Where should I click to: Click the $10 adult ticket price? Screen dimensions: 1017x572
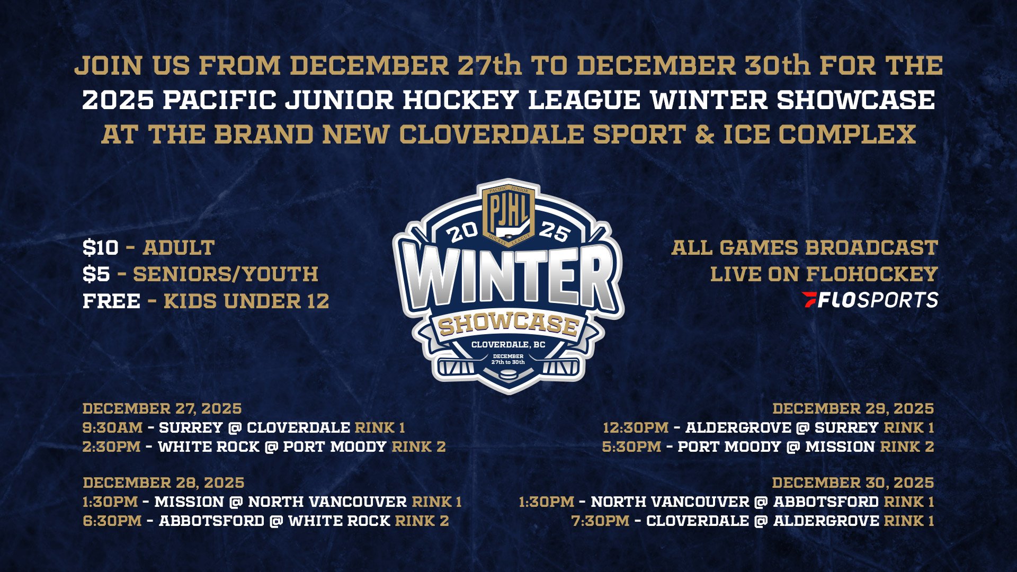click(x=101, y=248)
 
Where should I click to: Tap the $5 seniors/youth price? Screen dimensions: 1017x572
click(x=96, y=274)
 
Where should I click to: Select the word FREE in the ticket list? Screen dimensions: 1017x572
click(x=112, y=301)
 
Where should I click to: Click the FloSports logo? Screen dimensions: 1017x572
click(x=870, y=300)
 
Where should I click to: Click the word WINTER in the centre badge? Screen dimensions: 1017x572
click(x=509, y=278)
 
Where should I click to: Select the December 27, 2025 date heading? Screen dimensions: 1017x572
click(x=162, y=409)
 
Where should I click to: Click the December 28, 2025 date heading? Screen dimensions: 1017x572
click(x=164, y=483)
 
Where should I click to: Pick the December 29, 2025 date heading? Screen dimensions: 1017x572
click(x=853, y=409)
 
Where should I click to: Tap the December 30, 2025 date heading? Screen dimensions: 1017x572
click(x=853, y=483)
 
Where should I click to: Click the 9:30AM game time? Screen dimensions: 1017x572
click(x=113, y=428)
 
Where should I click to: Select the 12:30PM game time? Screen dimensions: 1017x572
click(x=636, y=428)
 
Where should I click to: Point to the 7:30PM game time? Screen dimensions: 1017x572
click(x=601, y=521)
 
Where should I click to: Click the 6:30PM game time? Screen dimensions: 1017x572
click(x=112, y=521)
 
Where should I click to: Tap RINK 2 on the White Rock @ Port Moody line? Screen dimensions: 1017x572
click(x=419, y=447)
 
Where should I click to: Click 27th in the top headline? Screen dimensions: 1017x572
click(x=490, y=66)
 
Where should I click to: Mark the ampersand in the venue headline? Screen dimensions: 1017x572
click(x=704, y=135)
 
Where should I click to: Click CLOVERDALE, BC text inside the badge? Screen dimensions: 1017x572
click(x=508, y=345)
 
